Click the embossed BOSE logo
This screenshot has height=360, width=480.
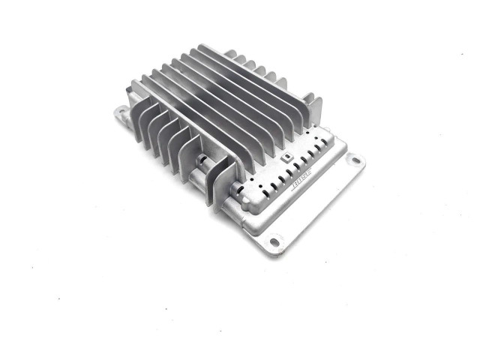pos(301,178)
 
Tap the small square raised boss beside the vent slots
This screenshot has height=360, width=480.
pos(286,157)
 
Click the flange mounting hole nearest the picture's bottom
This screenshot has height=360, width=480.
pos(274,242)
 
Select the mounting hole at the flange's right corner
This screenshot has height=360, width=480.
pos(355,160)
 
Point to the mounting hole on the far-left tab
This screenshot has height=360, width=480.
pos(121,110)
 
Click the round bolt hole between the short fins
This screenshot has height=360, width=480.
pos(202,159)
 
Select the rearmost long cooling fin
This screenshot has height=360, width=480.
pos(254,82)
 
